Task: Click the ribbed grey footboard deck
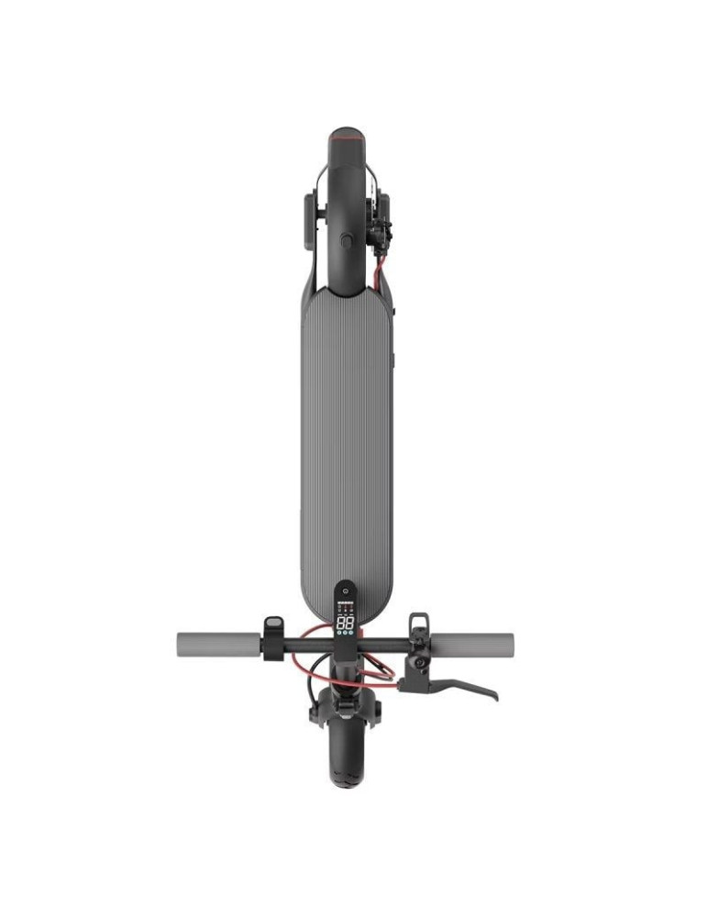(x=346, y=431)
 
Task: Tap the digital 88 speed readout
(x=346, y=623)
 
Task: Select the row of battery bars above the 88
(x=346, y=608)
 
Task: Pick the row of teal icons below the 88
(x=346, y=635)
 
